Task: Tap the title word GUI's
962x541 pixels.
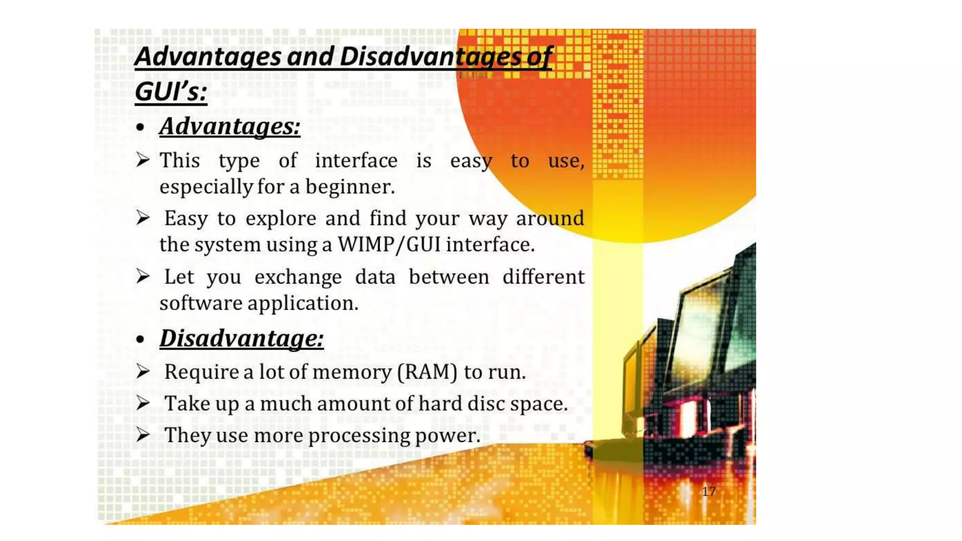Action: coord(171,91)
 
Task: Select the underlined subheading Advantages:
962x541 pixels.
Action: coord(230,126)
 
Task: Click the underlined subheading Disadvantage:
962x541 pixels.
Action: coord(241,338)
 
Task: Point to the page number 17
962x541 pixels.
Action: coord(708,492)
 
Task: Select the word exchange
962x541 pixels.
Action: coord(298,277)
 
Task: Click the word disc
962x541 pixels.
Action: coord(486,403)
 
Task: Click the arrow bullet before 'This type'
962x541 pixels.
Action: coord(143,160)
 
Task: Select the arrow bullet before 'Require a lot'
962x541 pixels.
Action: coord(143,371)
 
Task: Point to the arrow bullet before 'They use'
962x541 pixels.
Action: coord(143,434)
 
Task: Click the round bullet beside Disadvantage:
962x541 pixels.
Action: coord(140,339)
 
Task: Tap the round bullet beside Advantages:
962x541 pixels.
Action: coord(140,127)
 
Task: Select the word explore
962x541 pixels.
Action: coord(281,219)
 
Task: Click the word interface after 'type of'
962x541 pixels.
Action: coord(356,161)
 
